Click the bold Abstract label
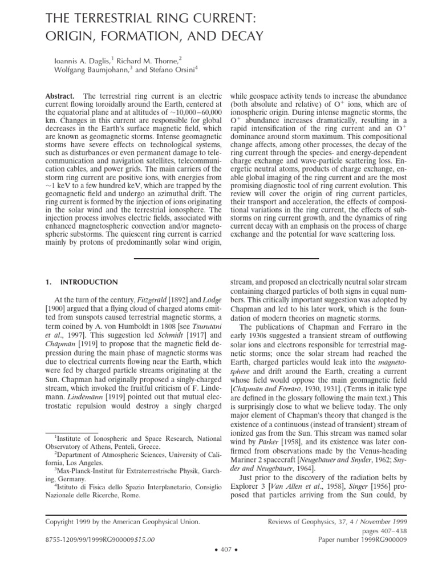click(x=62, y=97)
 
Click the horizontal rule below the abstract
click(x=226, y=258)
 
